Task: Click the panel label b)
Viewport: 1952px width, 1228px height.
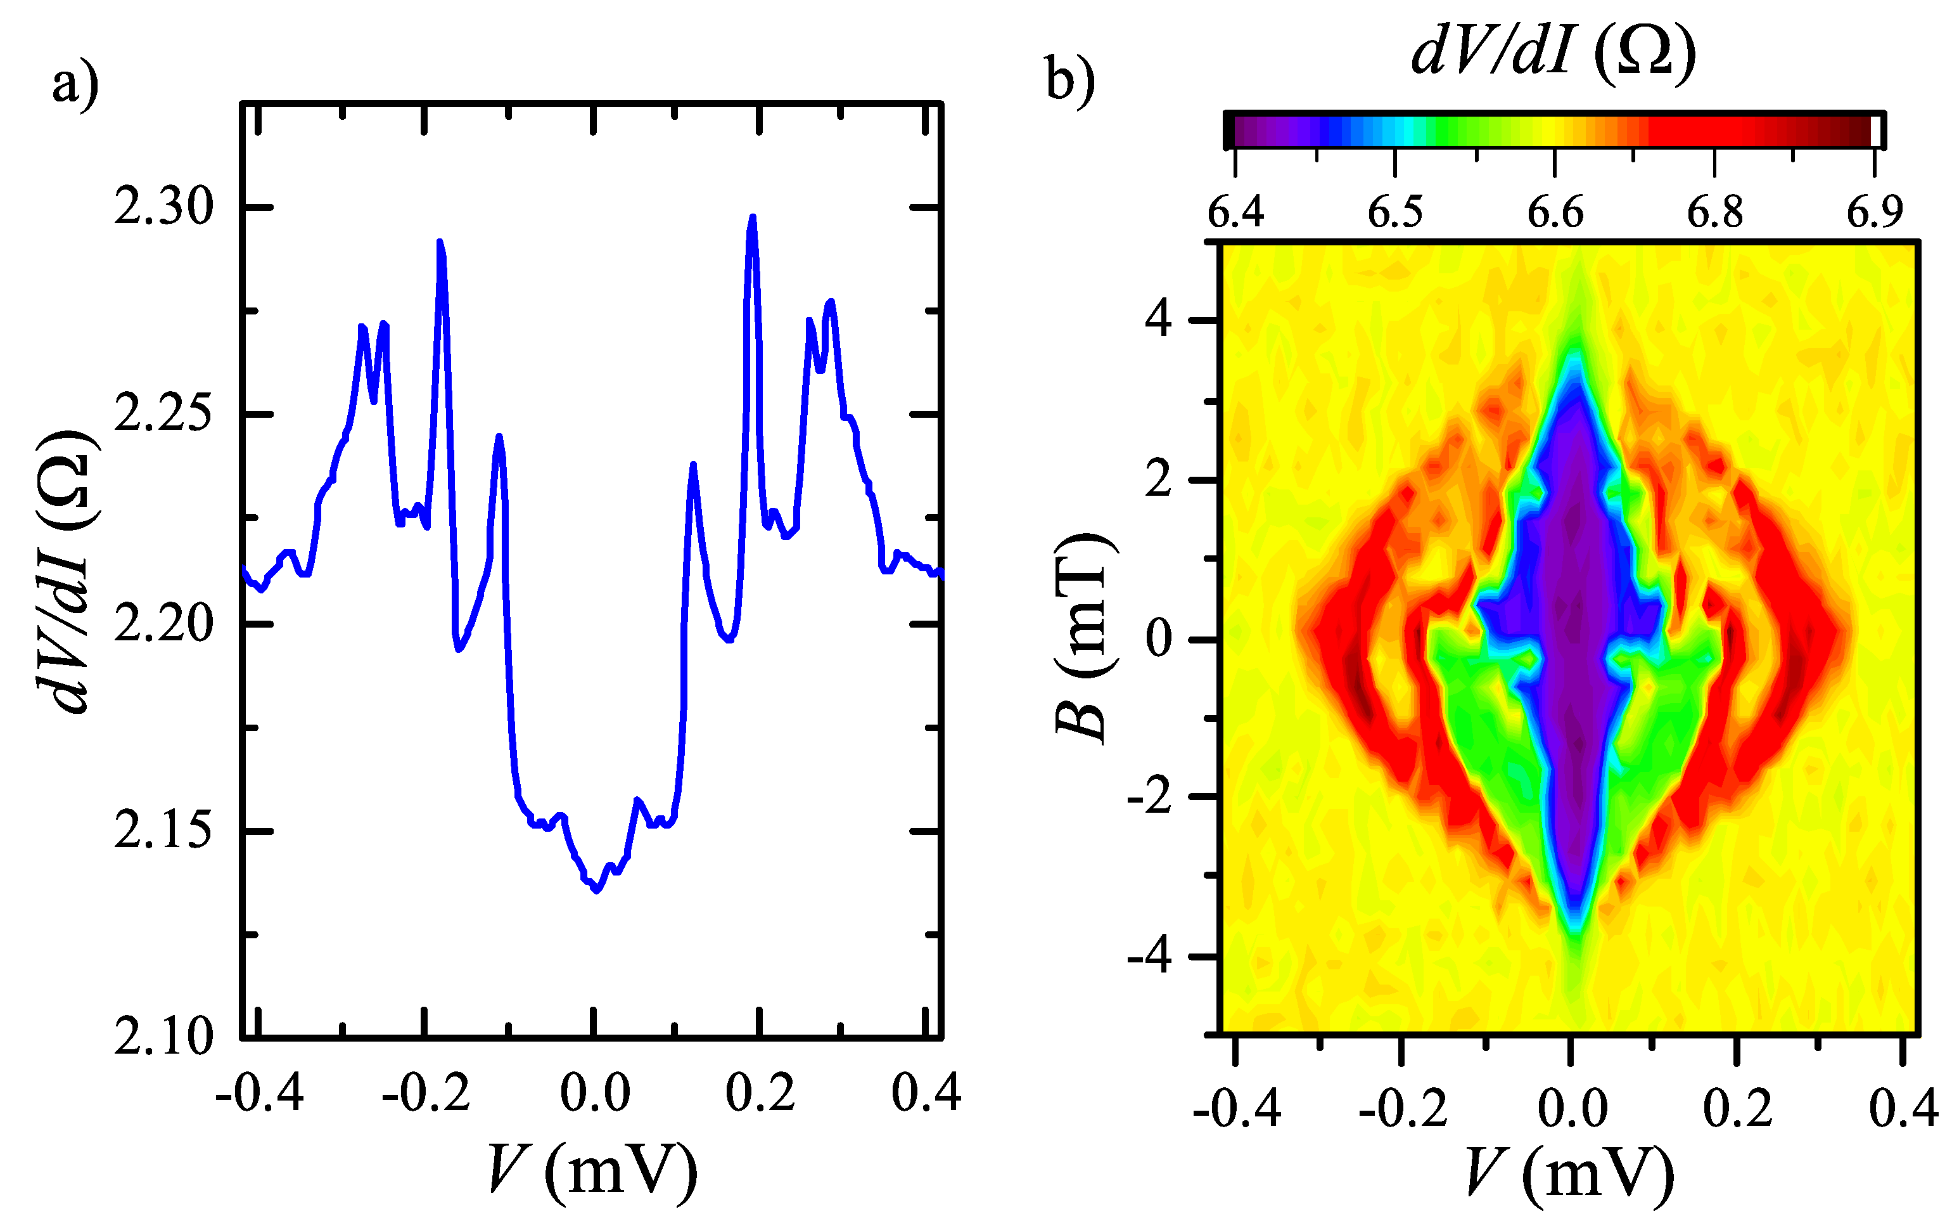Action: (1070, 79)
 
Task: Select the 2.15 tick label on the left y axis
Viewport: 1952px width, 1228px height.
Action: (163, 831)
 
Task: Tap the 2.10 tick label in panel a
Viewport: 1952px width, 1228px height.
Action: (163, 1037)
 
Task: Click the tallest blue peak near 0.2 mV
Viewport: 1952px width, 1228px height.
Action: (752, 217)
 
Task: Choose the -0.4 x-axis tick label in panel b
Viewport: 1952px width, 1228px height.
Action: (1236, 1108)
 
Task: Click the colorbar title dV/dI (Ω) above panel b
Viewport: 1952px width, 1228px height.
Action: (1553, 52)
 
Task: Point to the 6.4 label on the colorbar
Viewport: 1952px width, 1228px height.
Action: (1235, 212)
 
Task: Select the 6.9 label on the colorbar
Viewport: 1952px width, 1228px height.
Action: (1874, 212)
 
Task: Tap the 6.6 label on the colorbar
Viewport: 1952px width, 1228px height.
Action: (1555, 212)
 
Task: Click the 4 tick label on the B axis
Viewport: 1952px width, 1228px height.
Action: (1158, 320)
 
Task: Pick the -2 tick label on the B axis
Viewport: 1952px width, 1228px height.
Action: (1149, 798)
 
